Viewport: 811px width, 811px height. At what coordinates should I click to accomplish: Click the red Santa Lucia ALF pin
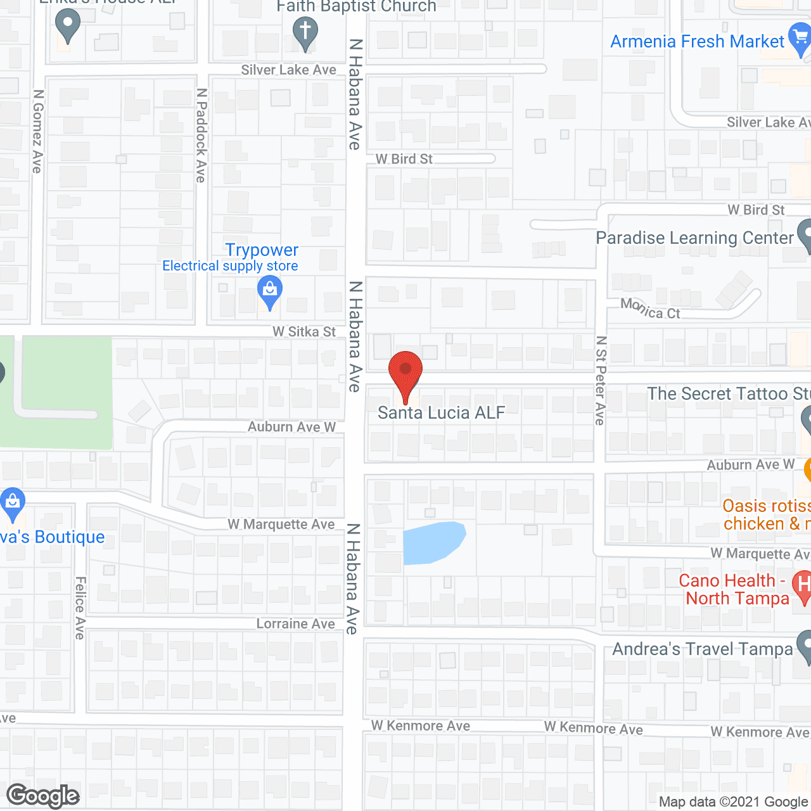(x=405, y=372)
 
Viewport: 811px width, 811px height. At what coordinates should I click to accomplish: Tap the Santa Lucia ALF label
(x=441, y=413)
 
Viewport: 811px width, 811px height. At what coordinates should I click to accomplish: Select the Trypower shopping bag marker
(x=270, y=293)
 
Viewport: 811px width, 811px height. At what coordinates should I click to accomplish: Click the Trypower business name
(x=262, y=250)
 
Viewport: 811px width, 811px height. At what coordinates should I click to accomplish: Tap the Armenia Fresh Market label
(x=697, y=42)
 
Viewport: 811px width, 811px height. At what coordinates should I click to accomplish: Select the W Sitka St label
(x=304, y=331)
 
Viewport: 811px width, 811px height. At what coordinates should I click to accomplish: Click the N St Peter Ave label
(x=601, y=380)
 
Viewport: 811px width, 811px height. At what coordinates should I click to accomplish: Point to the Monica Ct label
(x=650, y=309)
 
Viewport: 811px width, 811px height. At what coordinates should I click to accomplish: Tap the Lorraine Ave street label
(x=295, y=624)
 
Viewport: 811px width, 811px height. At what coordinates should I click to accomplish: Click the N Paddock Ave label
(x=201, y=135)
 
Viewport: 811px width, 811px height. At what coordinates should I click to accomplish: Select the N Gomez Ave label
(x=38, y=131)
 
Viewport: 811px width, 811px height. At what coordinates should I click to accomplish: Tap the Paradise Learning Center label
(x=694, y=238)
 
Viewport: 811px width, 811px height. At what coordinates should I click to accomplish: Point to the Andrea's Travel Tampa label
(x=702, y=649)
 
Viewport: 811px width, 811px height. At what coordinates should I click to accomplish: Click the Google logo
(x=43, y=796)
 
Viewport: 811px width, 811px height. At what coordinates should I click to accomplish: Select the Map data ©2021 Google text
(x=734, y=802)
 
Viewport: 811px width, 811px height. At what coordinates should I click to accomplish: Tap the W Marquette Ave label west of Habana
(x=281, y=525)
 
